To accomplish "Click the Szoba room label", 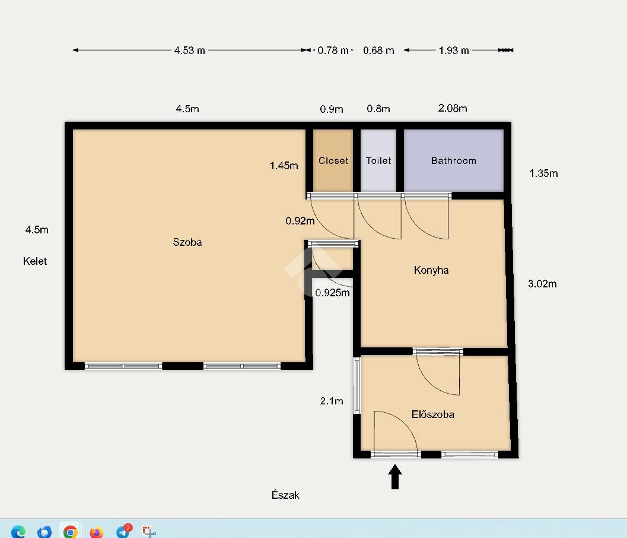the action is click(187, 242).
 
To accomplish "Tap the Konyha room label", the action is click(431, 270).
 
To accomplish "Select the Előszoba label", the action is click(433, 414).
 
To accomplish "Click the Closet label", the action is click(333, 161).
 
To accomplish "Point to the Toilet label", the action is click(378, 161).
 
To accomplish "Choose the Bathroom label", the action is click(454, 161).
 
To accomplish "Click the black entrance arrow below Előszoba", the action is click(395, 477).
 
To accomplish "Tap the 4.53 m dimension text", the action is click(190, 50).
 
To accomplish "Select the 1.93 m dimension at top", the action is click(454, 50).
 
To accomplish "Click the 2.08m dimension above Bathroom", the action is click(453, 108).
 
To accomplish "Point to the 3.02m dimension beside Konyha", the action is click(542, 284).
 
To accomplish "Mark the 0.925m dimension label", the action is click(332, 293).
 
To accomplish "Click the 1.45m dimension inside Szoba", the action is click(284, 165).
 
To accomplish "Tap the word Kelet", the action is click(35, 261).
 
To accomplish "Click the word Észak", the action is click(285, 495).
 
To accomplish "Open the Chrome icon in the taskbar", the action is click(71, 531).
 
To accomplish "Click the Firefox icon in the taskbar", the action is click(96, 531).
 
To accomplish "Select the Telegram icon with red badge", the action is click(123, 531).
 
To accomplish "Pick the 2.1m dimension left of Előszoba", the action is click(332, 401).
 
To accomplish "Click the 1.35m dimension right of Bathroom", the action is click(543, 173).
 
